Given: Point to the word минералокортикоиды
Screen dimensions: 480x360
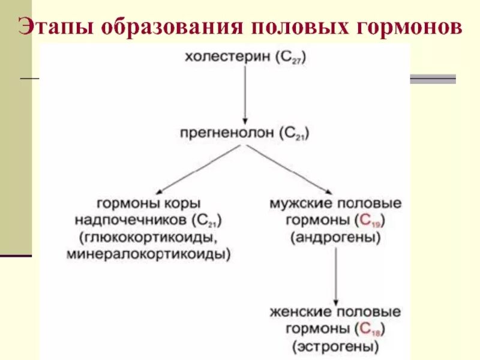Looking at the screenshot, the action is pyautogui.click(x=149, y=254).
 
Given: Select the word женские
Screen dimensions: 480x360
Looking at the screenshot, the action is pyautogui.click(x=298, y=313).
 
